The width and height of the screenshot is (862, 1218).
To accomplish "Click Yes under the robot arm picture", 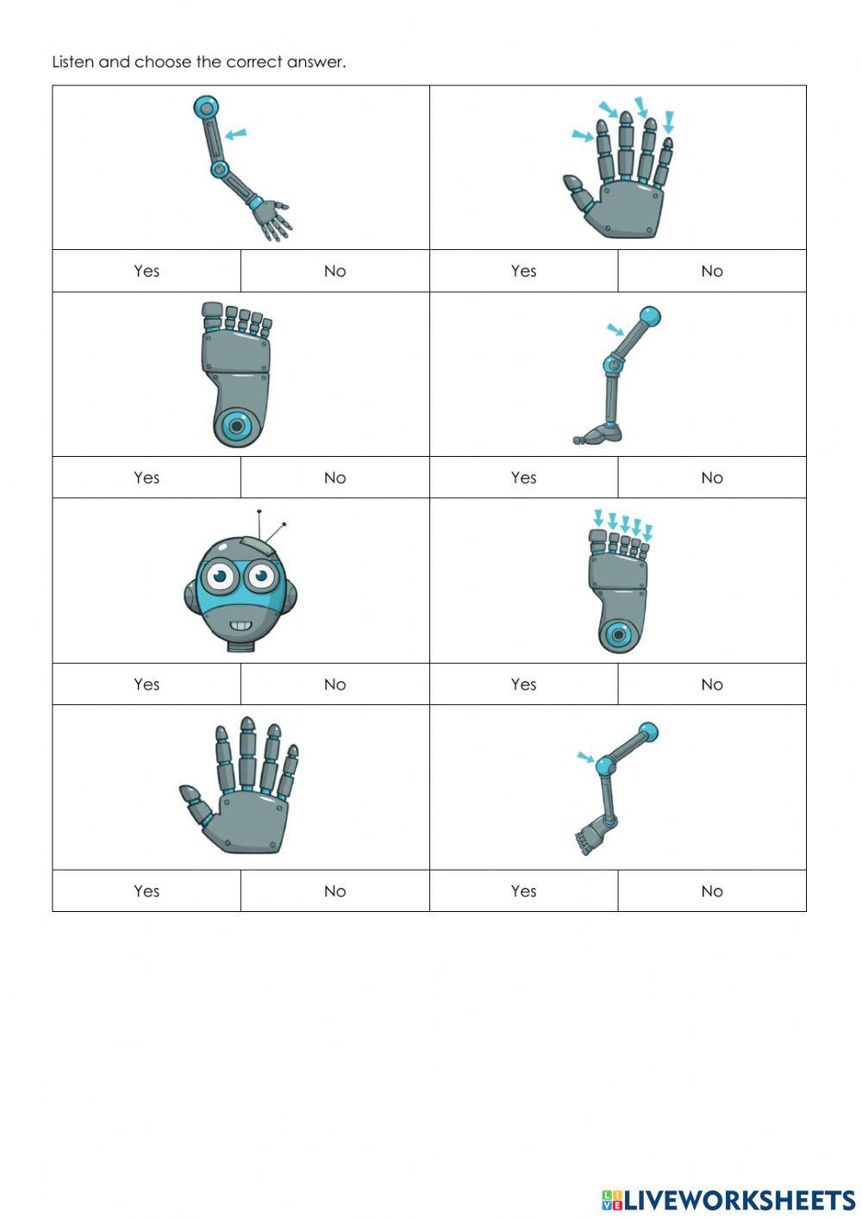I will coord(147,271).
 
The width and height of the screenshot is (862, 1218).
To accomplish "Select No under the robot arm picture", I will coord(334,271).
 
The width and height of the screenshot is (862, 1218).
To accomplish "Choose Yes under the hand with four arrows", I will coord(523,271).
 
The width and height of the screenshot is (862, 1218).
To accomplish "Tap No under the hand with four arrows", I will coord(711,271).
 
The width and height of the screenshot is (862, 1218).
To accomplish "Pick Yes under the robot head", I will coord(147,684).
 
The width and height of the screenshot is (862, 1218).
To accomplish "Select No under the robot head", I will coord(334,684).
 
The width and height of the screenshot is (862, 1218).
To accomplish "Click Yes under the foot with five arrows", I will coord(523,684).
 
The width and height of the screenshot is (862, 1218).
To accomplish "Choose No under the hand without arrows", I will coord(334,891).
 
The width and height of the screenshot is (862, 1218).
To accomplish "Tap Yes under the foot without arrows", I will coord(147,478).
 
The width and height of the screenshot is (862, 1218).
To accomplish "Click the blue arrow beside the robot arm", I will coord(234,134).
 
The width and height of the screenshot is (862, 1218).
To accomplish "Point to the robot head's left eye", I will coord(221,575).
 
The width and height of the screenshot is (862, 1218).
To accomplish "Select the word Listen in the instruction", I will coord(72,62).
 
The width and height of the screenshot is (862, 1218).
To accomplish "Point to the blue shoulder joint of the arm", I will coord(205,108).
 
